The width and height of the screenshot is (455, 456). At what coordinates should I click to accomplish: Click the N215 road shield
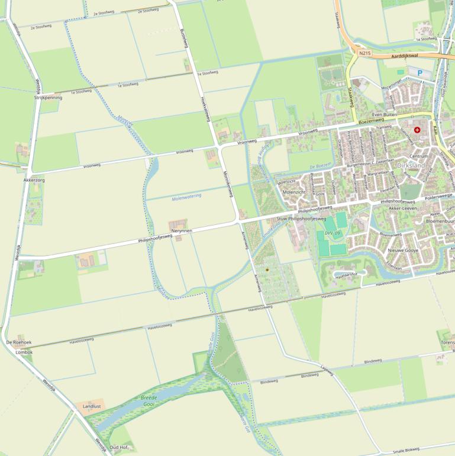tap(365, 53)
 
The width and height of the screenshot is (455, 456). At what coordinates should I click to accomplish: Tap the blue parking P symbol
tap(420, 73)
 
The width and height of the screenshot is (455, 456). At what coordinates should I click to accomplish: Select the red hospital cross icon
tap(417, 129)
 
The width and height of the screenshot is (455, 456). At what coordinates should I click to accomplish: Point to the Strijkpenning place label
tap(48, 98)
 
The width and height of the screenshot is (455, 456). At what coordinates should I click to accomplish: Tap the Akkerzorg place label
tap(34, 179)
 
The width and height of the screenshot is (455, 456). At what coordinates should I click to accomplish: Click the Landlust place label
tap(92, 407)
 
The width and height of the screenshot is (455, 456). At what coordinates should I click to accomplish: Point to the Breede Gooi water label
tap(149, 401)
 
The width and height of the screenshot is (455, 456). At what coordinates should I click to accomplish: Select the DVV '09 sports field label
tap(333, 233)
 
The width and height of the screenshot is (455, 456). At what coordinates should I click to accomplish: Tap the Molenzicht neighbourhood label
tap(294, 192)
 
